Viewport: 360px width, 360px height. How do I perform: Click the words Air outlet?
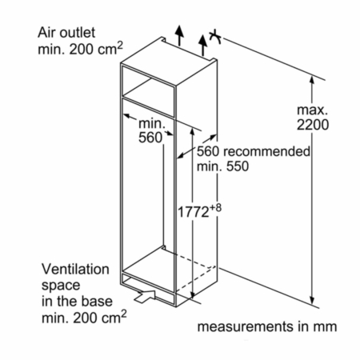(x=66, y=33)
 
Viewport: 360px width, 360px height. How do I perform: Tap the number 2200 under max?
(x=313, y=125)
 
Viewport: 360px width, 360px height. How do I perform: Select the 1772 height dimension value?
(x=193, y=212)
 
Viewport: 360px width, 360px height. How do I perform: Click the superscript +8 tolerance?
(x=215, y=207)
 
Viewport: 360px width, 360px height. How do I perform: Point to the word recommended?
(x=266, y=151)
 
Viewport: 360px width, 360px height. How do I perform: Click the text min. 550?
(x=222, y=166)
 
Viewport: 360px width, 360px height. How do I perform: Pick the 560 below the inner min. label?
(x=150, y=138)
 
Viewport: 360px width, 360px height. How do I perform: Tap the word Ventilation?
(x=75, y=270)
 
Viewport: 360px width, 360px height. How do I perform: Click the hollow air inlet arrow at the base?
(x=145, y=296)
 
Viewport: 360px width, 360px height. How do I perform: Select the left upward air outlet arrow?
(x=179, y=35)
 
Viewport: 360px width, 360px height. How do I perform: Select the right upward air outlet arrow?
(x=203, y=46)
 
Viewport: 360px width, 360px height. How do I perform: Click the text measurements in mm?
(x=267, y=326)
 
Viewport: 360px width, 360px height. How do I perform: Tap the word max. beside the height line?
(x=312, y=110)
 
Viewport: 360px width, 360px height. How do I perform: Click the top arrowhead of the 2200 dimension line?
(x=312, y=80)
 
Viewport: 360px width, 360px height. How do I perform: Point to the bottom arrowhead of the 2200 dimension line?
(x=312, y=300)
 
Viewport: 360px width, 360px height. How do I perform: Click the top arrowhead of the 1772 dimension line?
(x=192, y=131)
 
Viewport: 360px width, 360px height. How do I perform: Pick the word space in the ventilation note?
(x=61, y=286)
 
